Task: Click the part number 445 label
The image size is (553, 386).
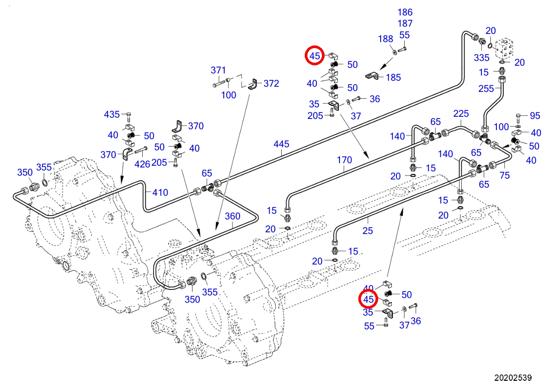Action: pos(281,144)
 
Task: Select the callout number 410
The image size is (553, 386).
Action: pos(160,192)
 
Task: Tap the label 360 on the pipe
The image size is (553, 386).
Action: pos(232,216)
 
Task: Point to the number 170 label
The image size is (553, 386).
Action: pos(344,160)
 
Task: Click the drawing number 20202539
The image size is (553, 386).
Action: pos(513,377)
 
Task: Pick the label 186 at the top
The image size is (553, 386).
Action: pos(405,12)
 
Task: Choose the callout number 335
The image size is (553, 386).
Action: pos(481,58)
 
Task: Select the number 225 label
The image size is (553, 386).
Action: pos(461,114)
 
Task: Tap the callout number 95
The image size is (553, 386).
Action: pos(535,116)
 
